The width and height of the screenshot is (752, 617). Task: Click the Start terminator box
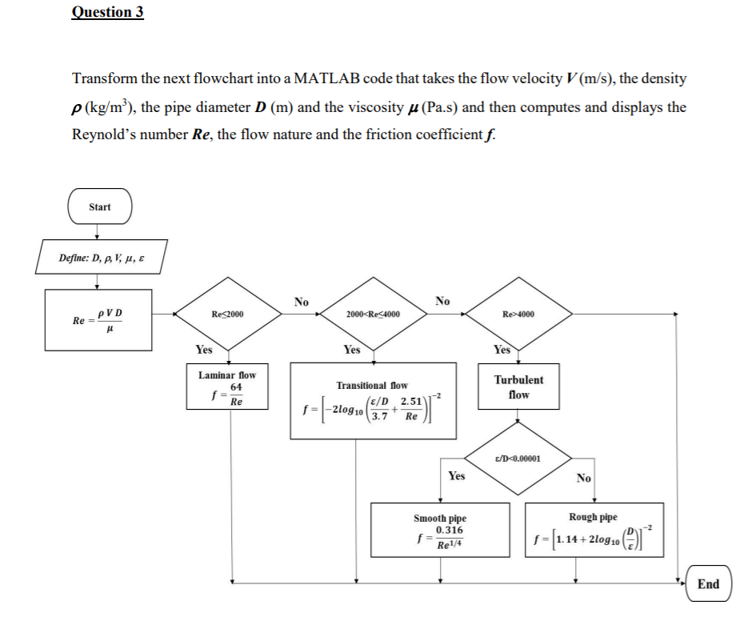pos(100,207)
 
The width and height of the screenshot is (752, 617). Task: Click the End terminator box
pos(708,584)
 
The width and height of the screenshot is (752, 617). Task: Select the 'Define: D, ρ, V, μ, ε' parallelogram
pos(102,258)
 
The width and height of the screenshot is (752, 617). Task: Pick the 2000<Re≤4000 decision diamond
pos(374,315)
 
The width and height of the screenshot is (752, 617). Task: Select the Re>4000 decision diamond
pos(518,315)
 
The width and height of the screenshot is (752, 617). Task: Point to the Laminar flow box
pos(227,388)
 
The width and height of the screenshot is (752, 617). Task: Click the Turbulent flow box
pos(518,387)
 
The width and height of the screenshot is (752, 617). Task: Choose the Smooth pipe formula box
pos(440,531)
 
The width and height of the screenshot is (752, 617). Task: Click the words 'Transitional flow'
pos(372,386)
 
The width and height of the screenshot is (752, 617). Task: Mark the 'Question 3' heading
pos(107,12)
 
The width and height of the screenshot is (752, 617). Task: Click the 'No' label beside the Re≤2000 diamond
pos(301,302)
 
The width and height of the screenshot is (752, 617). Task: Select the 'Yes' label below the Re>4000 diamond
pos(502,350)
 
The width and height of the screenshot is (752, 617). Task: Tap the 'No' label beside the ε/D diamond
pos(583,479)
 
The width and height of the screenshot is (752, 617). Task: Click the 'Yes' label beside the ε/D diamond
pos(456,476)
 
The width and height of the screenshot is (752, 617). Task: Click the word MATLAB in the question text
pos(328,78)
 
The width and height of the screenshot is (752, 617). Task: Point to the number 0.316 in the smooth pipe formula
pos(449,530)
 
